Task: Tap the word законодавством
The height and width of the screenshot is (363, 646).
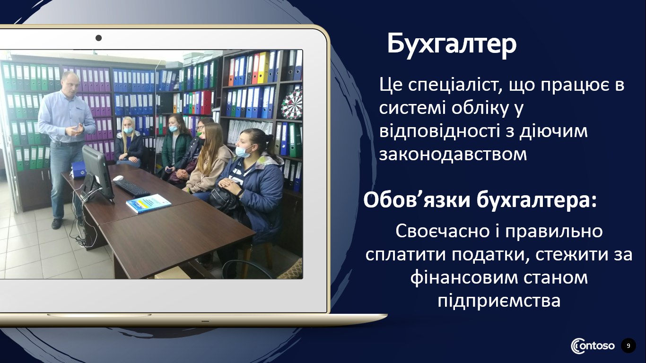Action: tap(453, 154)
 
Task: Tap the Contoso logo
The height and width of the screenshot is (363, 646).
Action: tap(593, 346)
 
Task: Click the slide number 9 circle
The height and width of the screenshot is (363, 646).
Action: tap(629, 346)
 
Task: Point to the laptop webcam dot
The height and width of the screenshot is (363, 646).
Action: tap(99, 38)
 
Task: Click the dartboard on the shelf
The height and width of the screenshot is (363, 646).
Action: tap(292, 104)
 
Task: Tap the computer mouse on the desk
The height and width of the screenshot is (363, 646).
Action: tap(118, 178)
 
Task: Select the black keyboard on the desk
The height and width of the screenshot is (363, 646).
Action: tap(131, 188)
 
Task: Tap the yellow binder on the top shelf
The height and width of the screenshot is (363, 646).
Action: tap(263, 68)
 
